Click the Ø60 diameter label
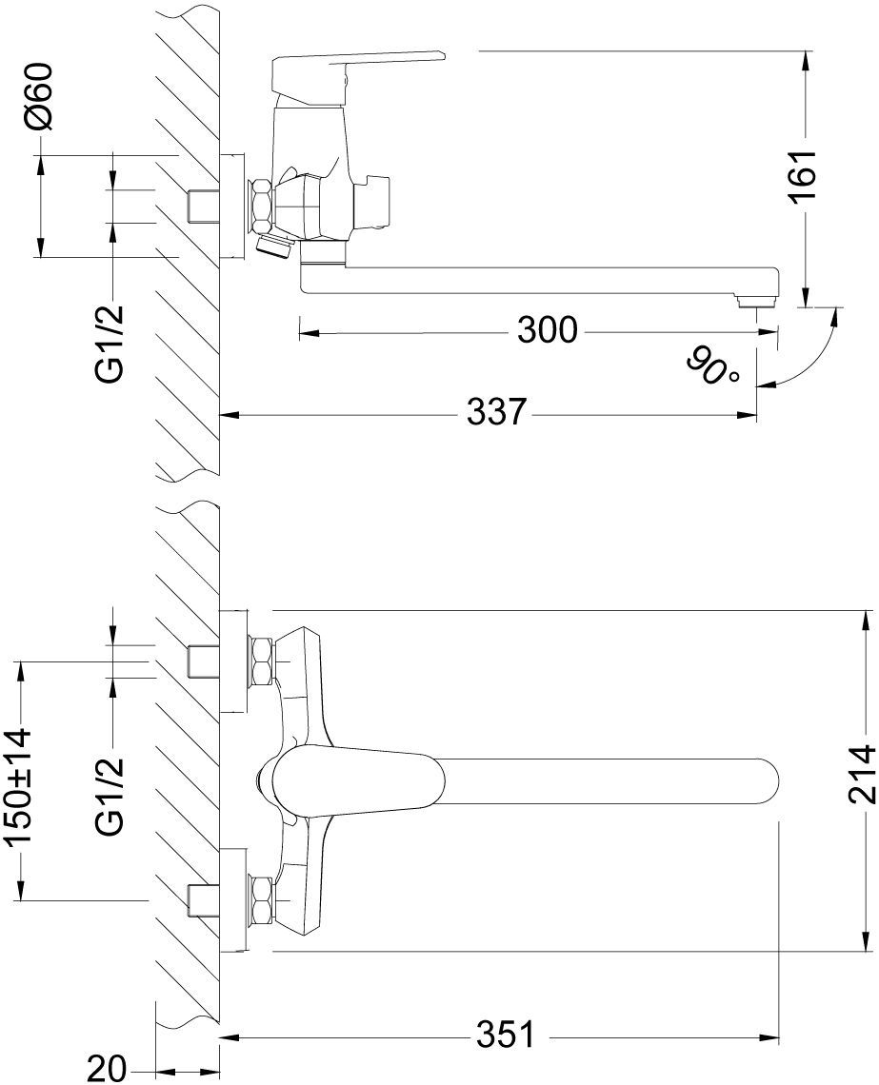pos(39,95)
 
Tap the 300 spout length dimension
pos(547,331)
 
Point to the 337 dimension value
pos(496,413)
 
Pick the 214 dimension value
pos(863,775)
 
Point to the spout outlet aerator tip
pos(758,301)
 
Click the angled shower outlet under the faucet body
pos(274,245)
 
